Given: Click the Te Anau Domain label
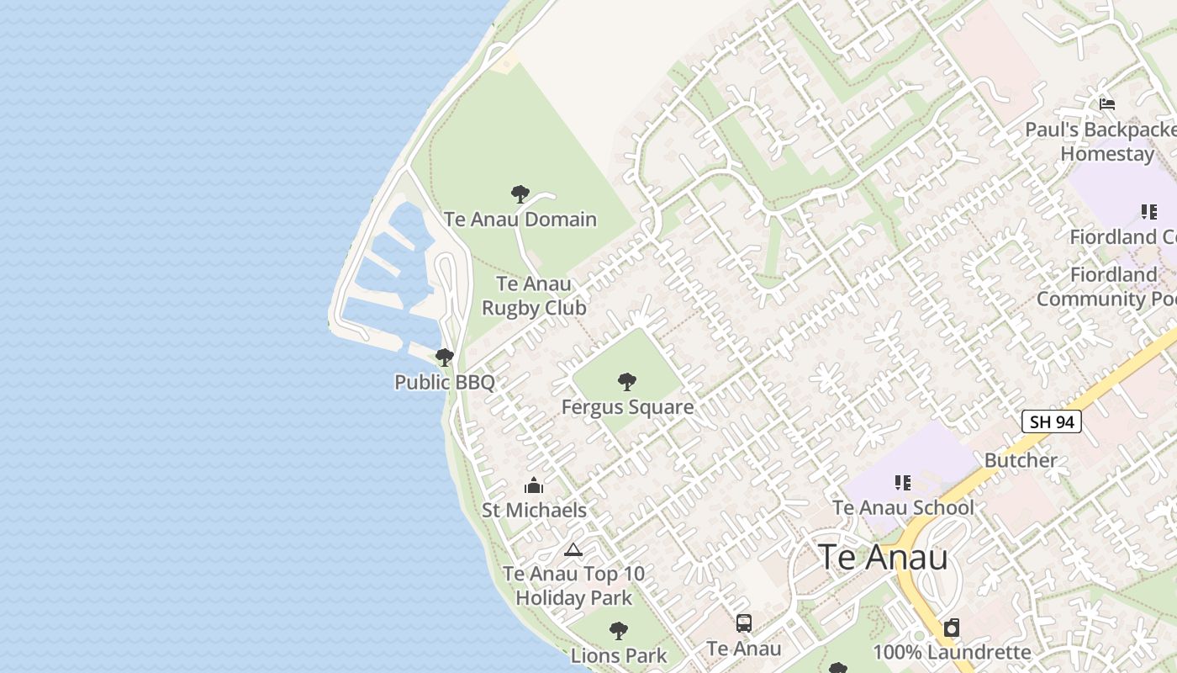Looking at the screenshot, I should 520,220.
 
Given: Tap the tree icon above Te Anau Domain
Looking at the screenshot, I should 520,194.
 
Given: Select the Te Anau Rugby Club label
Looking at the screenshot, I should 534,296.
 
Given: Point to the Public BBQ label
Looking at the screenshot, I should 445,382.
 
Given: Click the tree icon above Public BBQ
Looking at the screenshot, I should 445,358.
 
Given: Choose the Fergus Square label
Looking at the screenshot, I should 627,407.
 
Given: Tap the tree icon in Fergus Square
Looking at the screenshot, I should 627,382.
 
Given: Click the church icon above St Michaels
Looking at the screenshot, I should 534,485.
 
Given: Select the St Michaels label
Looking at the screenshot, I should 534,510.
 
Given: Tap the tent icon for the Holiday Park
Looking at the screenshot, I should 573,550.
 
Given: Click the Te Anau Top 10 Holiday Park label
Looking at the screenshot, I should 573,586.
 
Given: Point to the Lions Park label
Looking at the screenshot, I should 619,655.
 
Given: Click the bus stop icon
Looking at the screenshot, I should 744,623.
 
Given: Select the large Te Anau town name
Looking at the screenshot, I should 883,557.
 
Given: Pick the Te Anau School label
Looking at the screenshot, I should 903,508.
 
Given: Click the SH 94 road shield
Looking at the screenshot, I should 1052,421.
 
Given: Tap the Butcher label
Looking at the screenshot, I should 1021,460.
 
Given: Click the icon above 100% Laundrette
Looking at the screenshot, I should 952,628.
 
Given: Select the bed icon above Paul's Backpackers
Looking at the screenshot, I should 1107,104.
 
